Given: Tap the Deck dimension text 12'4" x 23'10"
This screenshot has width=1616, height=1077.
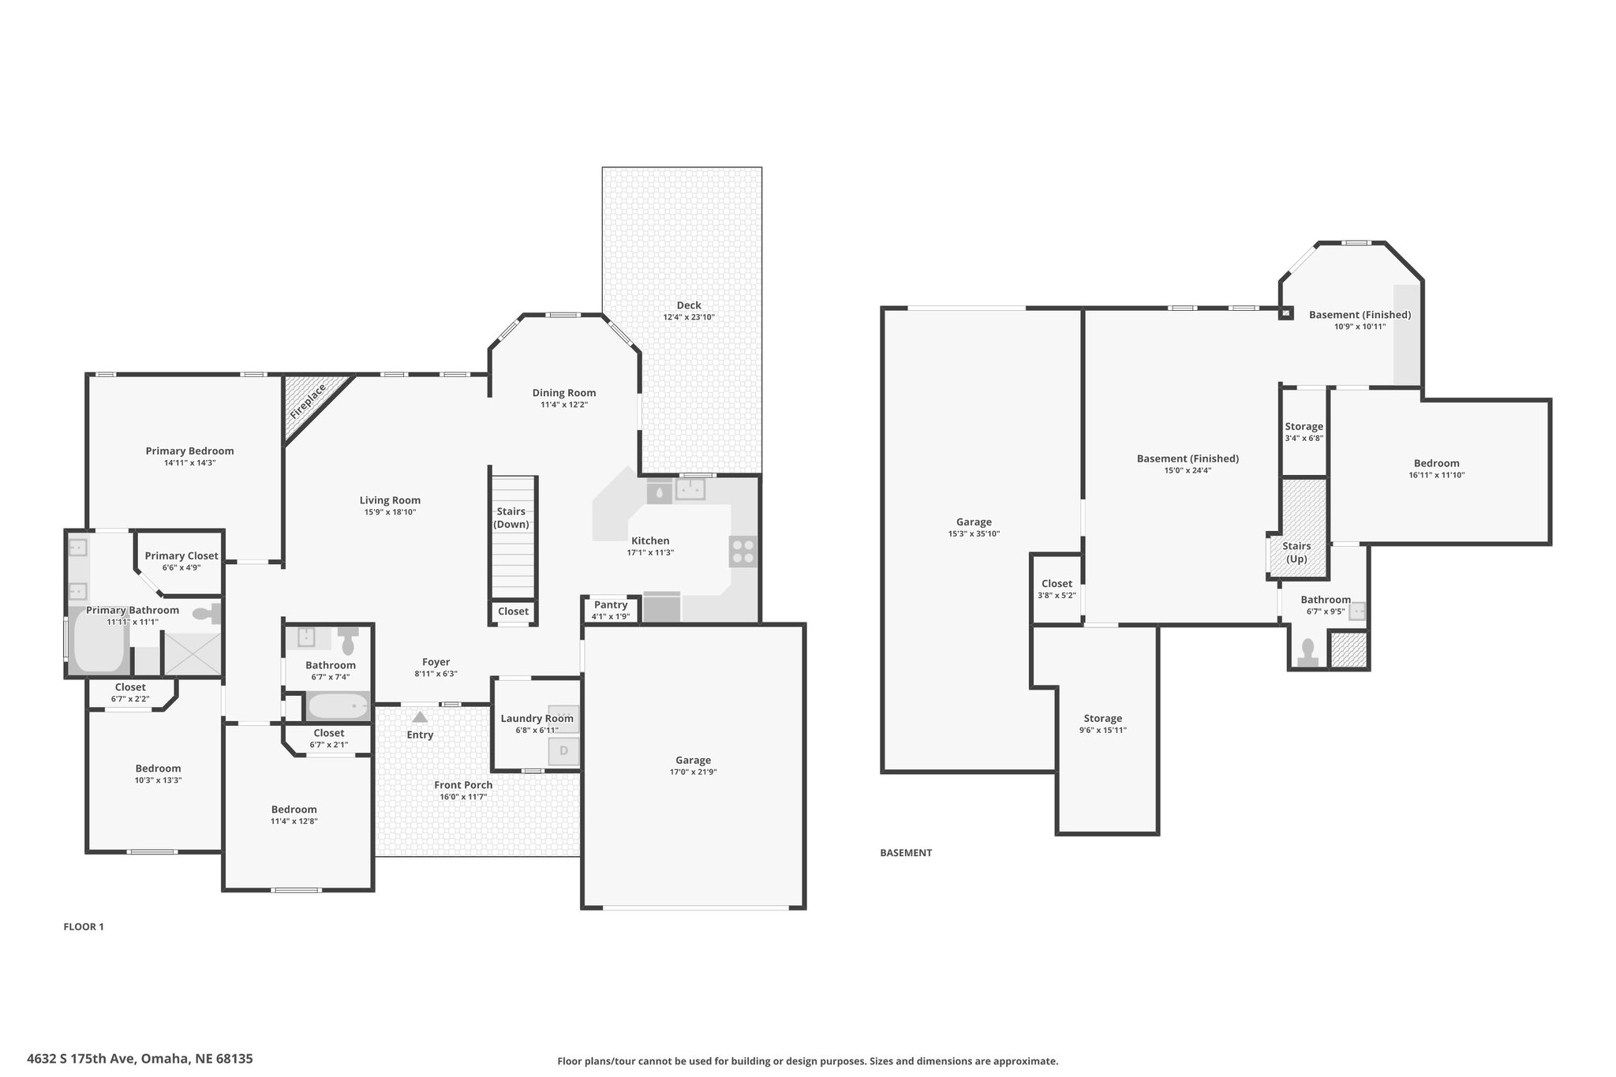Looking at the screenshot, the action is coord(688,317).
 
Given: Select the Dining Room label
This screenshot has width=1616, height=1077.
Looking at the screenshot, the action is coord(564,393).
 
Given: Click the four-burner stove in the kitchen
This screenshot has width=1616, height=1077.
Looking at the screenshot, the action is coord(743,551).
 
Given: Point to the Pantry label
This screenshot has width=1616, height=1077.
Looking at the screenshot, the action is coord(611,604).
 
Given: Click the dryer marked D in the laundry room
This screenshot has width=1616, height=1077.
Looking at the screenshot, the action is coord(563,750).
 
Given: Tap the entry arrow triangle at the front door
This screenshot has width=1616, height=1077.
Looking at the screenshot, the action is coord(420,717).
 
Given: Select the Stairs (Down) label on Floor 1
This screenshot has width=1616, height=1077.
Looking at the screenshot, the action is coord(511,518).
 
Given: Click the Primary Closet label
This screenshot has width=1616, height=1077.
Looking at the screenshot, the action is coord(181,555).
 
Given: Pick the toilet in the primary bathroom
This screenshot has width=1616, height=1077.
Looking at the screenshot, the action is coord(207,613).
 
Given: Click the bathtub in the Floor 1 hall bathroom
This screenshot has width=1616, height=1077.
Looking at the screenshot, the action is coord(338,706).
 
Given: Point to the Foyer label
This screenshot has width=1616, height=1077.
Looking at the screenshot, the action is coord(436,662).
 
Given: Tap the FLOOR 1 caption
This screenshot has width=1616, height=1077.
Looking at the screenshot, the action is coord(84,926).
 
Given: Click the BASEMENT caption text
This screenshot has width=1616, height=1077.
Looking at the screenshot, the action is coord(906,852).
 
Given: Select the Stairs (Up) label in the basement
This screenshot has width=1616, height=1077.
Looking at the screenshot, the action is coord(1296,552).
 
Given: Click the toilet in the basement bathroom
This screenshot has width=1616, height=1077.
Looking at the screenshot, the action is coord(1307,653).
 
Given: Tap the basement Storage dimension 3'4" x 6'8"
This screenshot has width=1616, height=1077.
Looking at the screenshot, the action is coord(1304,438).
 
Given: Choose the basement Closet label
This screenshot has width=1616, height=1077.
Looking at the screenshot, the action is coord(1057,584).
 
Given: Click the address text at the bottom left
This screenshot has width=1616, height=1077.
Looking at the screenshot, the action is coord(140,1059).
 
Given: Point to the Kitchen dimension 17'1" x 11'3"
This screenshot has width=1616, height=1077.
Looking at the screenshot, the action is coord(650,552).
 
